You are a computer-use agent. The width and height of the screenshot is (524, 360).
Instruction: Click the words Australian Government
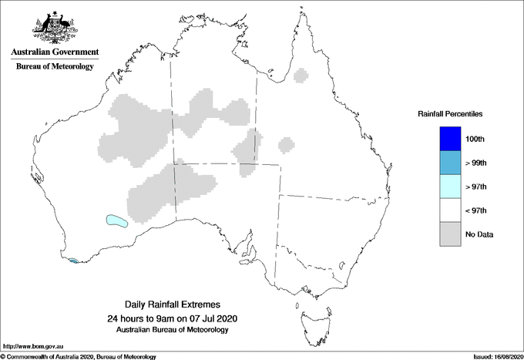pos(55,52)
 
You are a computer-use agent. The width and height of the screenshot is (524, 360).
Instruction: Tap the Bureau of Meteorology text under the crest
pos(55,67)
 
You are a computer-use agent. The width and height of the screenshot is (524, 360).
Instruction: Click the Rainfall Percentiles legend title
pos(450,114)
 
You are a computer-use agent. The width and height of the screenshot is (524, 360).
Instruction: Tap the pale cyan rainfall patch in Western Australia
pos(116,221)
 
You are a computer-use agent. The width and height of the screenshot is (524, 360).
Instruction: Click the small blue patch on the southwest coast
pos(73,261)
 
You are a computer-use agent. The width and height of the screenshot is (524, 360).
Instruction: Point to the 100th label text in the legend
pos(475,140)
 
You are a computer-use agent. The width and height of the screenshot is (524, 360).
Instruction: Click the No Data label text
pos(479,234)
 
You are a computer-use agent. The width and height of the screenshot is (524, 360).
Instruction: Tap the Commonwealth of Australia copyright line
pos(79,356)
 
